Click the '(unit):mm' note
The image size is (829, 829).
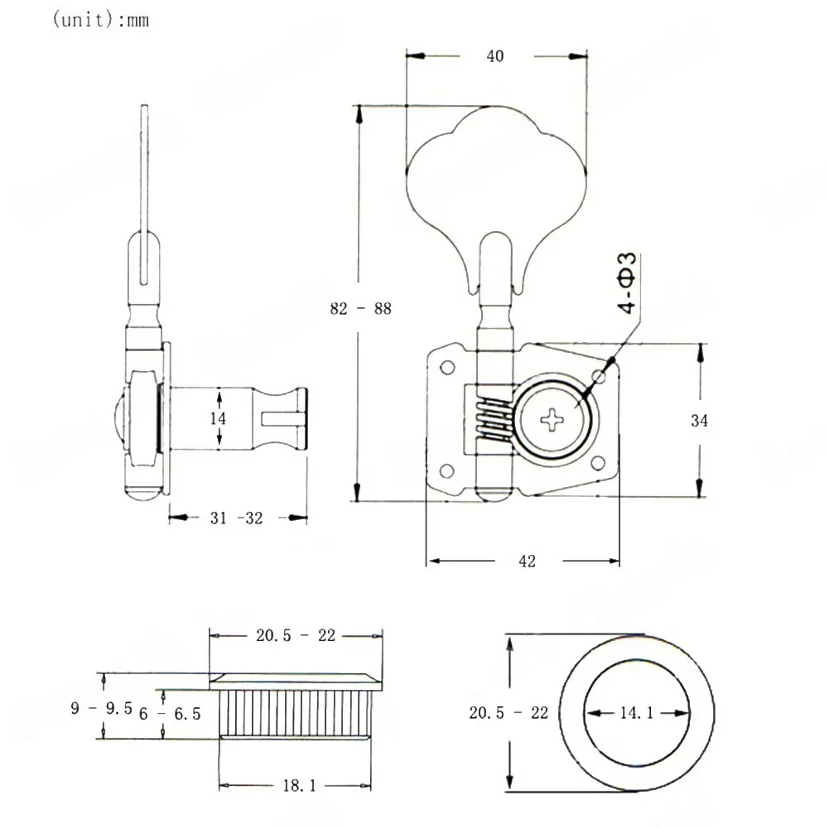click(100, 20)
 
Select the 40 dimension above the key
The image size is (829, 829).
click(495, 56)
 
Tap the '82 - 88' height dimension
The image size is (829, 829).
click(360, 308)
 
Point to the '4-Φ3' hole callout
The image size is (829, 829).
click(627, 283)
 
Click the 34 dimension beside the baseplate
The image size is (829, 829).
click(699, 421)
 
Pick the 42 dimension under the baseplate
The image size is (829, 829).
click(527, 561)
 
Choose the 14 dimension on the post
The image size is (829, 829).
click(218, 419)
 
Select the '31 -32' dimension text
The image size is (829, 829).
click(236, 518)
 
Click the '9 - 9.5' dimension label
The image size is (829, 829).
click(102, 708)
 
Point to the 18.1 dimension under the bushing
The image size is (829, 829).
click(299, 786)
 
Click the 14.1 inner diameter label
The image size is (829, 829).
click(637, 713)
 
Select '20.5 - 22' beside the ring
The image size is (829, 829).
click(508, 713)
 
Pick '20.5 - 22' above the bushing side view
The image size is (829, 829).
click(296, 635)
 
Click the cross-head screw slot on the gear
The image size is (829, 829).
click(552, 421)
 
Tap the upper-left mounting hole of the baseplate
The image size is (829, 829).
click(447, 367)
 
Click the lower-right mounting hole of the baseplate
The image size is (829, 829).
click(597, 464)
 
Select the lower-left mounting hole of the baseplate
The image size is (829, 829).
click(446, 470)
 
